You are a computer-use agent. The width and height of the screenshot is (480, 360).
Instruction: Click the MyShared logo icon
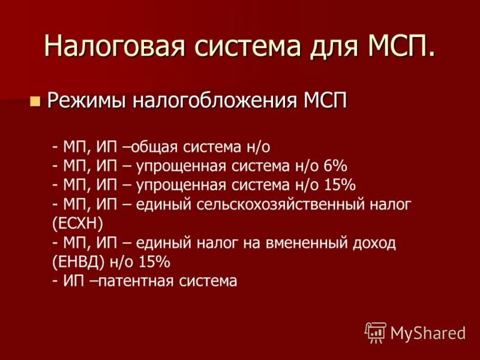point(376,332)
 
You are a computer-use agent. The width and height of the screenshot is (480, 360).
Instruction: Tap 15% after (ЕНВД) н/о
point(155,262)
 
